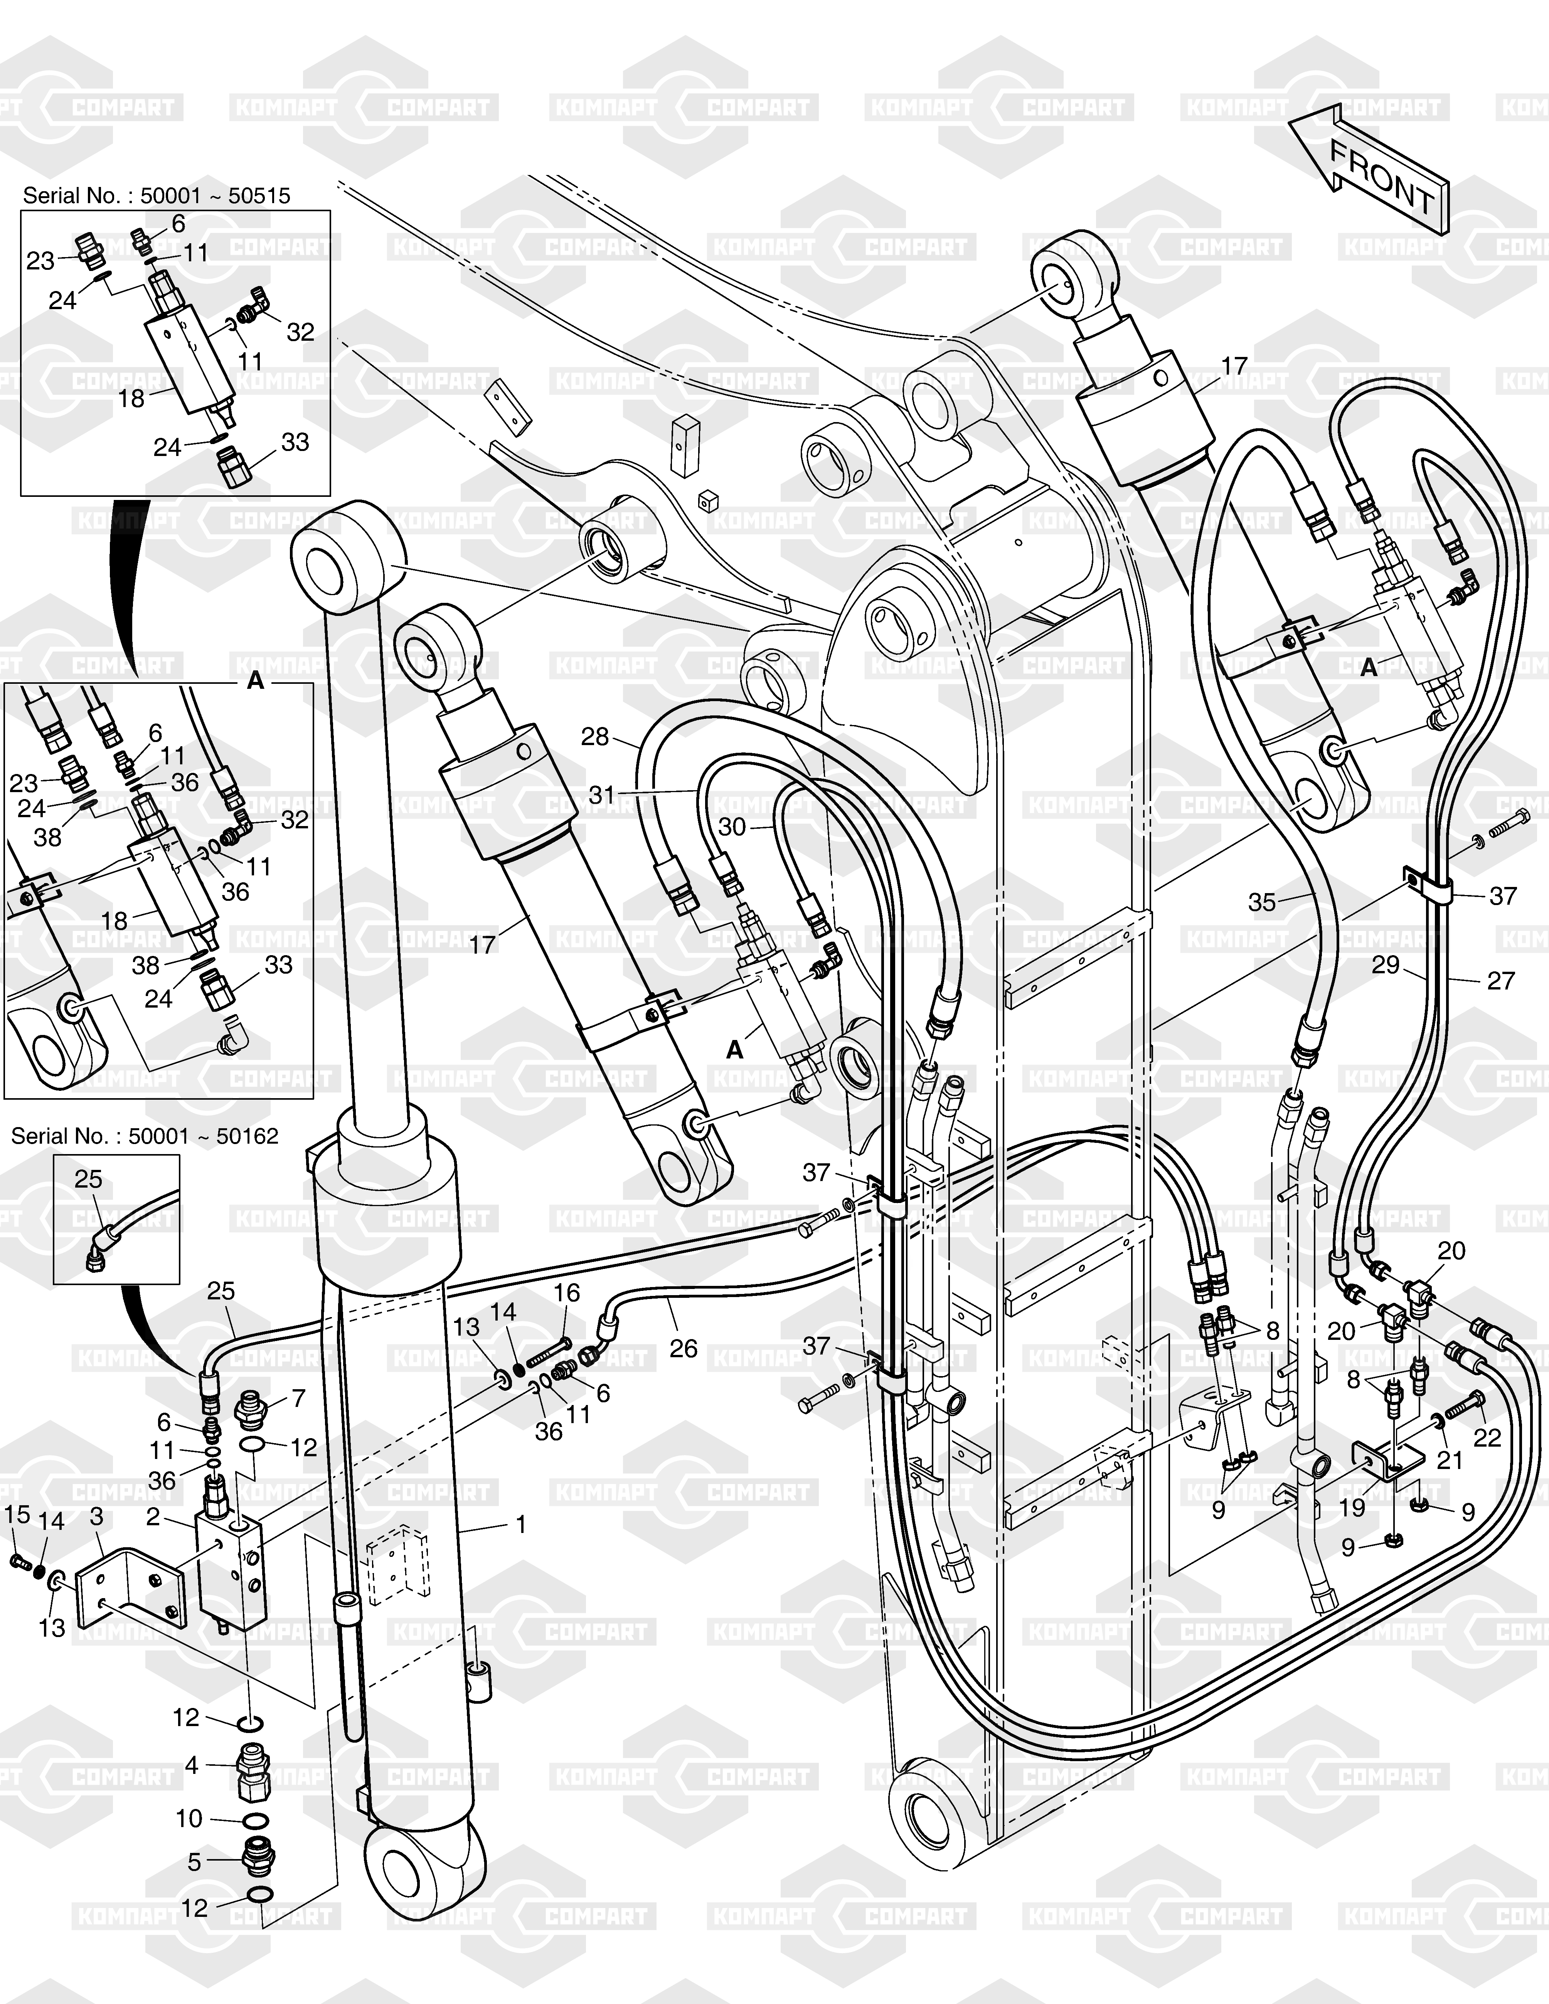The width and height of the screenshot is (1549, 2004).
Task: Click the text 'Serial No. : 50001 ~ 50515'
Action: [156, 195]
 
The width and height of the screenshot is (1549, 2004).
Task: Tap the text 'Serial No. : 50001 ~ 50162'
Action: [145, 1136]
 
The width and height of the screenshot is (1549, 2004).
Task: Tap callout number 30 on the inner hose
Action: [731, 827]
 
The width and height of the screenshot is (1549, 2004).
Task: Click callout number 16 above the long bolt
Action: [567, 1293]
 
